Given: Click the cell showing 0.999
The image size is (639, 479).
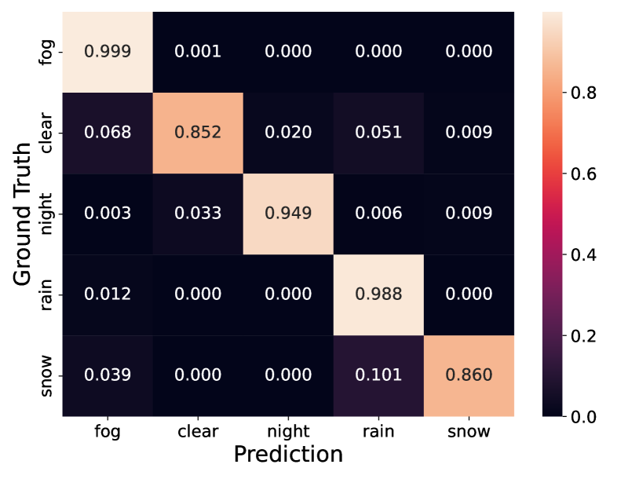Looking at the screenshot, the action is (108, 52).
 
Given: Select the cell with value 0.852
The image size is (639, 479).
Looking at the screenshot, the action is (198, 133).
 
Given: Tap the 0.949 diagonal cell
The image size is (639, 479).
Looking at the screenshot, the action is (288, 214).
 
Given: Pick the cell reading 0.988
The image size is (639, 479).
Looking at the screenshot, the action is (378, 294).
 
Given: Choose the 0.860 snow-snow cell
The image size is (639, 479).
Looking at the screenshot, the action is (469, 376).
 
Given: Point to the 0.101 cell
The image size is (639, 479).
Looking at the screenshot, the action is (378, 376).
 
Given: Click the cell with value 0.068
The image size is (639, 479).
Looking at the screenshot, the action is (108, 133).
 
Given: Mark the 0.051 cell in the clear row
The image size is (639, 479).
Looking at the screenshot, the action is (378, 133).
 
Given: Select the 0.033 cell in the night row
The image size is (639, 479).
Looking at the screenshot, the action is (198, 214).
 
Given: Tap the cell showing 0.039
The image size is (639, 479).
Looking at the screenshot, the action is (108, 376).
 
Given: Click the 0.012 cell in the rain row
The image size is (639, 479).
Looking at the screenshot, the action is (108, 294).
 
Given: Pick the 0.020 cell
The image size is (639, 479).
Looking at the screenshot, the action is (288, 133).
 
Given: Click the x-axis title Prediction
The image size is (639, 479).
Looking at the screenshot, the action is (288, 454).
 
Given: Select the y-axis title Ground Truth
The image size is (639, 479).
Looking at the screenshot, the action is (22, 214).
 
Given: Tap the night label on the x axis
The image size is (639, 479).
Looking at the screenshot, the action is (288, 432).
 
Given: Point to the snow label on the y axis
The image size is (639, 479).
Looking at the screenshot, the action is (46, 376).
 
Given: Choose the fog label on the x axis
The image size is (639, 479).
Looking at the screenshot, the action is (108, 432).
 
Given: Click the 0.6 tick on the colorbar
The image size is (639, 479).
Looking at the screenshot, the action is (583, 174).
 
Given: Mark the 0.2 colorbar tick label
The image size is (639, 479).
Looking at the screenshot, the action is (583, 336).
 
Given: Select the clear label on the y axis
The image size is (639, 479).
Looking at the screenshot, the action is (46, 133).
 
